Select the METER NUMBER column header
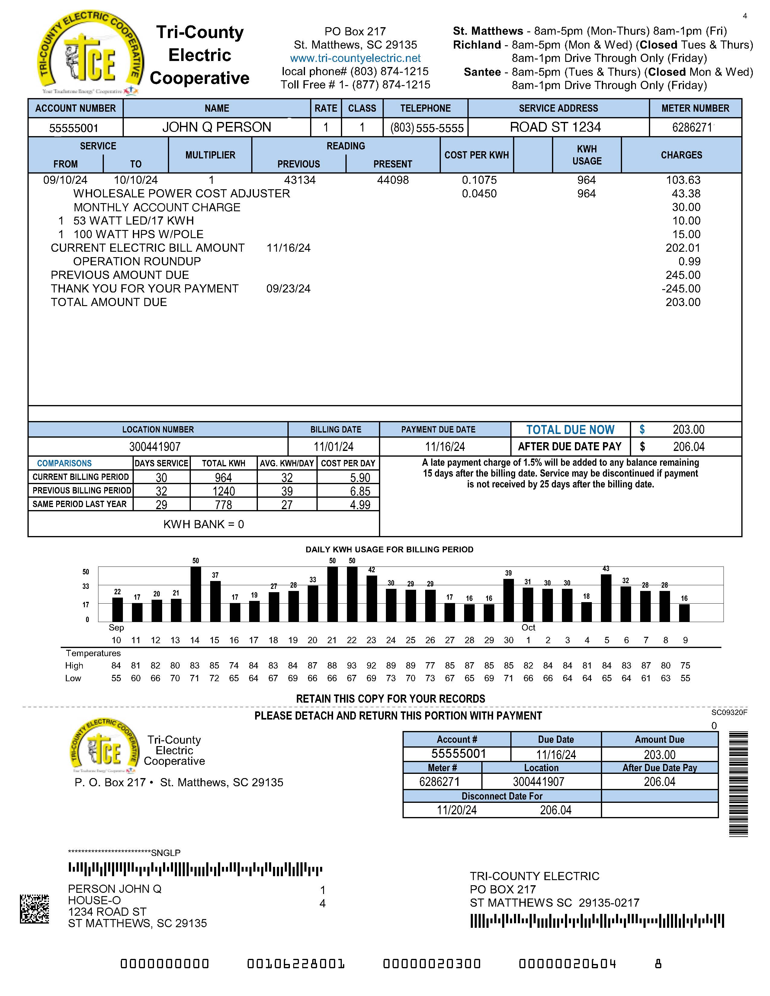695,109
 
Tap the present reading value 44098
393,180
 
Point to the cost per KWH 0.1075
479,180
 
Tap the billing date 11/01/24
333,447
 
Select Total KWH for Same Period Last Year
223,505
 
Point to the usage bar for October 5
606,598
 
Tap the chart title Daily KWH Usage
389,550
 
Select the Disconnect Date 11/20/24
457,810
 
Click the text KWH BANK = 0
204,525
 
